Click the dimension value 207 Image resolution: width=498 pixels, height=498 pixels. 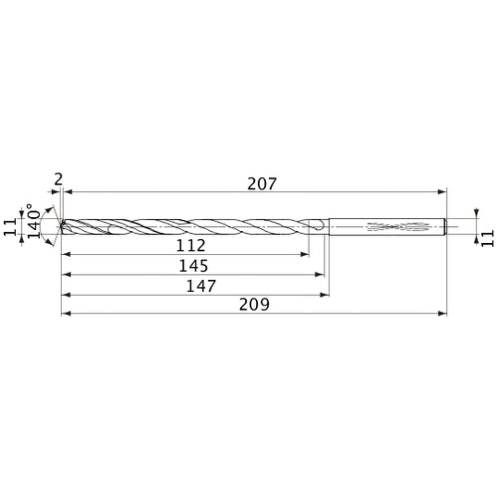(x=256, y=183)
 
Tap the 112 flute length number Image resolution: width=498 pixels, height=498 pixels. (x=189, y=245)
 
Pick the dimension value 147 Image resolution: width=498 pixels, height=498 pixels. (x=195, y=285)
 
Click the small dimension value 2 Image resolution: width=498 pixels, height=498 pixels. (x=59, y=179)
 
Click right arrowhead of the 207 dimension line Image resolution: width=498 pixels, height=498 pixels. (x=442, y=191)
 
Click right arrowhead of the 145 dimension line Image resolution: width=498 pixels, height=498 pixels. (x=322, y=274)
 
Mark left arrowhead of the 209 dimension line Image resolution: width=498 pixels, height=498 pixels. (x=66, y=313)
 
